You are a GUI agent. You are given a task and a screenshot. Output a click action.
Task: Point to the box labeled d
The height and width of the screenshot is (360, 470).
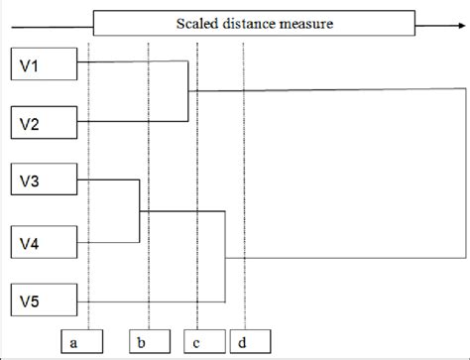click(x=245, y=342)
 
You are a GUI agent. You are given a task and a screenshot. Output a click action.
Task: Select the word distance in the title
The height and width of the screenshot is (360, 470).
click(x=256, y=22)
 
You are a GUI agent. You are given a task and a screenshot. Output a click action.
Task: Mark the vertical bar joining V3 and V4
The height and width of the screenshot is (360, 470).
click(x=139, y=210)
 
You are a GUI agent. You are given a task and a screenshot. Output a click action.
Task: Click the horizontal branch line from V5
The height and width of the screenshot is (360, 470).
click(x=149, y=301)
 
